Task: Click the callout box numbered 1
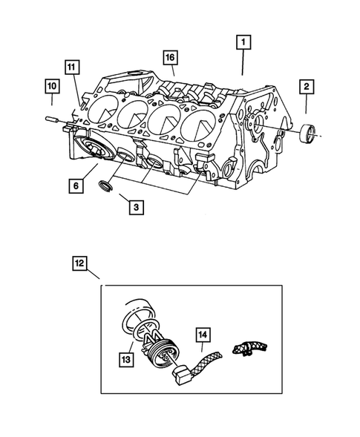tap(243, 43)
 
